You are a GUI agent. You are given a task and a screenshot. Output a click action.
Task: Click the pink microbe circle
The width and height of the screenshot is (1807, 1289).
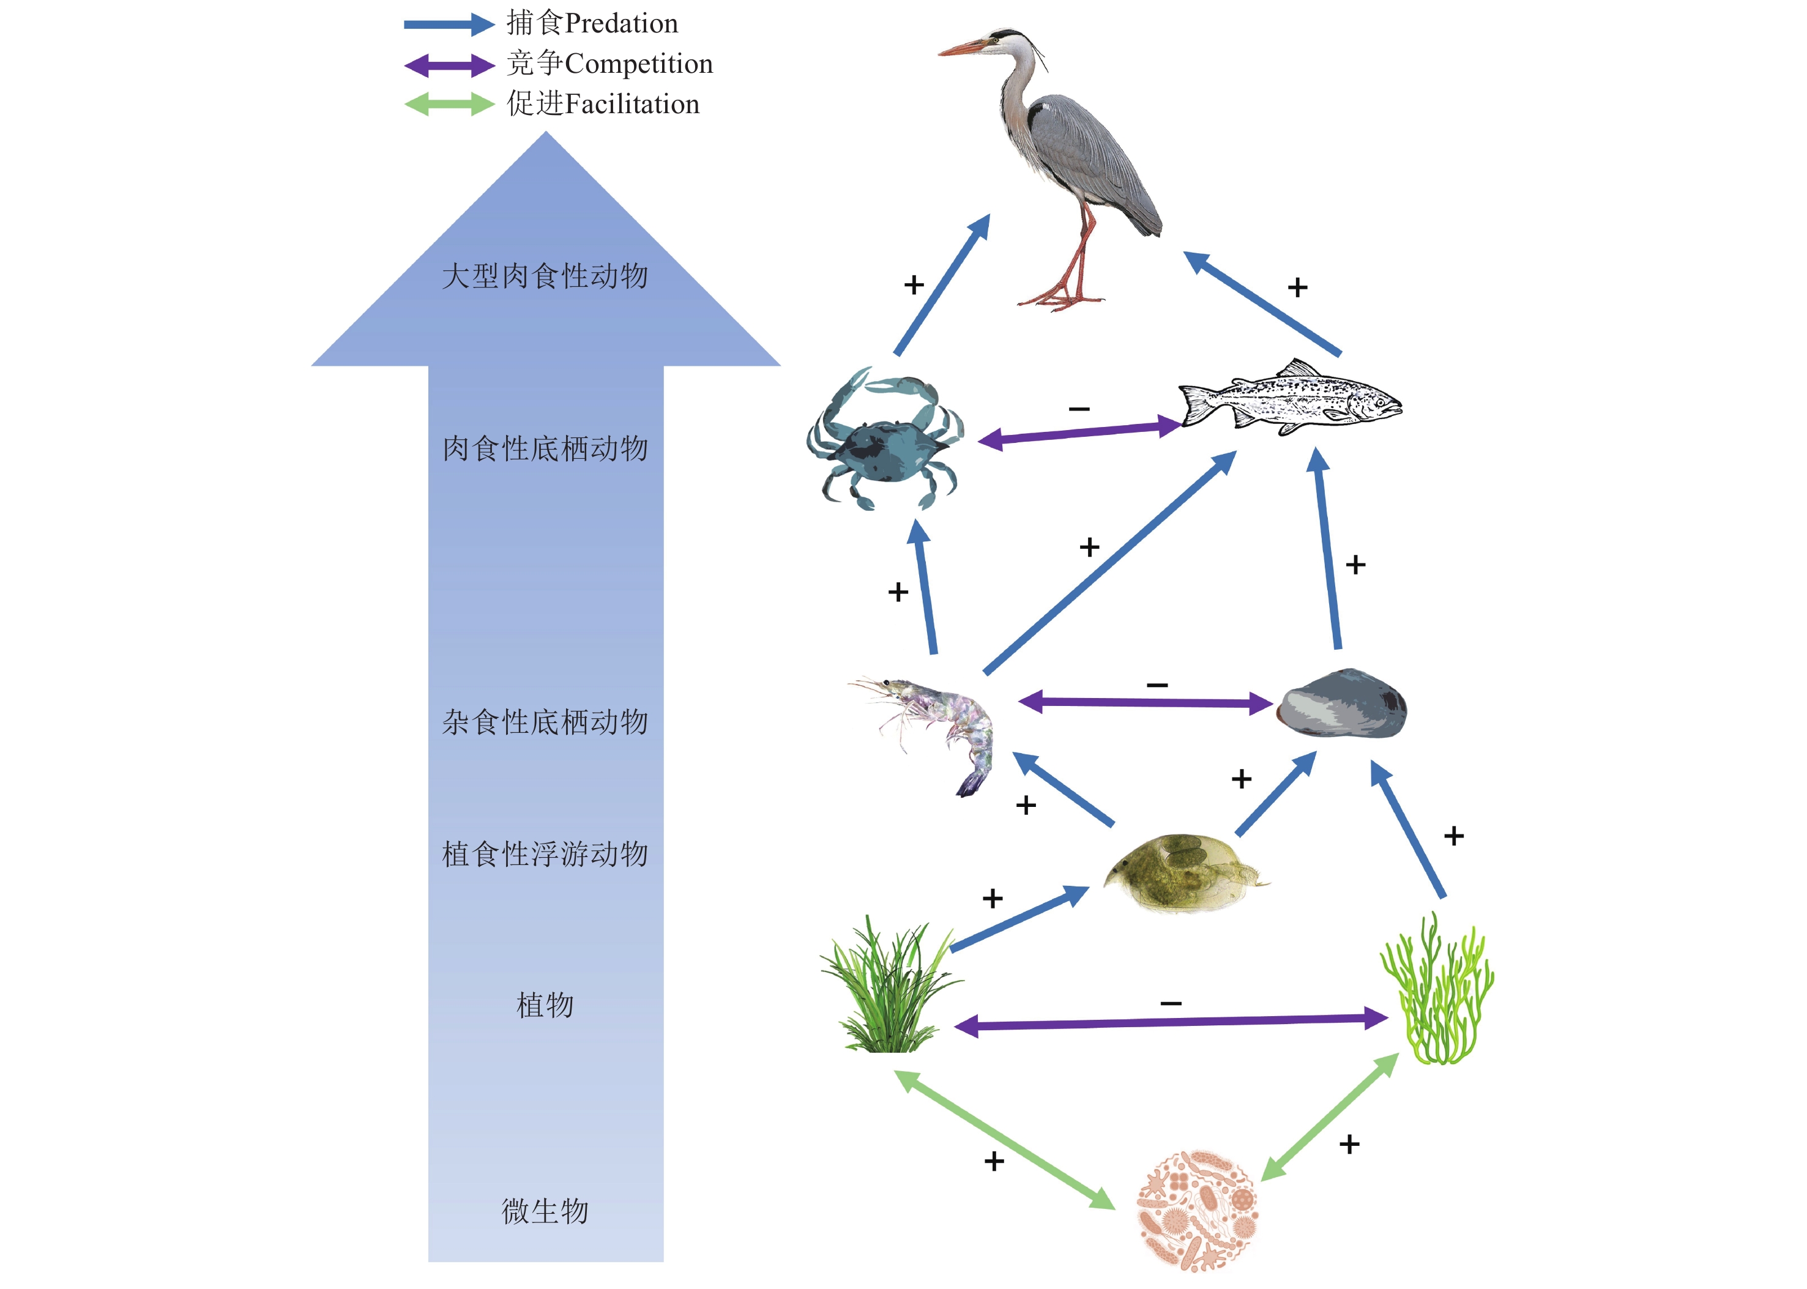(1198, 1209)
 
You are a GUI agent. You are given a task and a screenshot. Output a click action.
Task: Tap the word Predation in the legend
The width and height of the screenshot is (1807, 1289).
(621, 24)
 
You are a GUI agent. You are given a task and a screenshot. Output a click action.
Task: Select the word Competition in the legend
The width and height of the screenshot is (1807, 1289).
(638, 64)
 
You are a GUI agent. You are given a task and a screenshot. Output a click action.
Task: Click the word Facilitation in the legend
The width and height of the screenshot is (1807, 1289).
(632, 105)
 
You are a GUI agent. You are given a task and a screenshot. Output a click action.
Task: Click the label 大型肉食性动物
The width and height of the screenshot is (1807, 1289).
(545, 277)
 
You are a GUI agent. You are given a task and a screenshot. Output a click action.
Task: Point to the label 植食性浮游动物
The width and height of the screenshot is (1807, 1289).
(545, 855)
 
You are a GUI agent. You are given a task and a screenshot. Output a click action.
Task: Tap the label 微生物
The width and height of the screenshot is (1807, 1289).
(545, 1211)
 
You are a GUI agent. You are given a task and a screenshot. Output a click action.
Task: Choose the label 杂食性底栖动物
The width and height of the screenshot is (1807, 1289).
(545, 723)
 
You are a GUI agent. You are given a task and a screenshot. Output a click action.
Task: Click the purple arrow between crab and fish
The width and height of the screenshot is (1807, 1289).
(1080, 433)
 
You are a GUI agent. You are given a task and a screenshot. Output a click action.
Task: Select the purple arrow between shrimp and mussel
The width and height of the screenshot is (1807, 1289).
(1145, 702)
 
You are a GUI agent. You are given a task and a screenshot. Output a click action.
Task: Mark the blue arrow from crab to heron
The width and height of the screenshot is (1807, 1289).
(942, 286)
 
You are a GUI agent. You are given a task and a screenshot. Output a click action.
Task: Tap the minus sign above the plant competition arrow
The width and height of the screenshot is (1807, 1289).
(1171, 1003)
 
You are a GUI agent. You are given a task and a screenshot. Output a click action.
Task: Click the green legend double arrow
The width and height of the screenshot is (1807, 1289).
(449, 105)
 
